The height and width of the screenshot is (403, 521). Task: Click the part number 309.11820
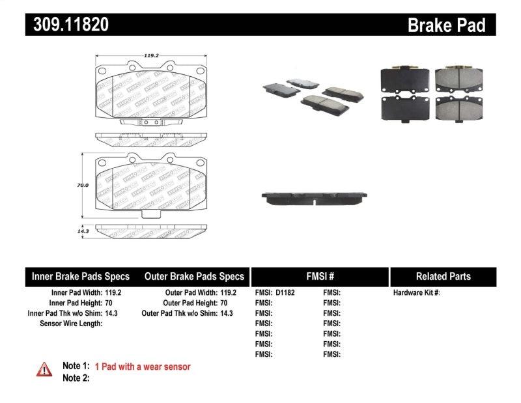[x=67, y=25]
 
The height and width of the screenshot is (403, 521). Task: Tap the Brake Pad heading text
[x=446, y=25]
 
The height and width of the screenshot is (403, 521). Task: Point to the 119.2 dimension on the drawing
[x=152, y=57]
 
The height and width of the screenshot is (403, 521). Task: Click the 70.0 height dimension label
[x=82, y=186]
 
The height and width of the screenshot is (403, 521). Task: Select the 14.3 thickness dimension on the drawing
[x=82, y=230]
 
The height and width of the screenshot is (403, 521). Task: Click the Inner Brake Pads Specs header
[x=81, y=276]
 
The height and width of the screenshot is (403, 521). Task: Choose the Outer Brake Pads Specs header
[x=194, y=276]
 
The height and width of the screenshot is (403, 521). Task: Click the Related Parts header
[x=443, y=276]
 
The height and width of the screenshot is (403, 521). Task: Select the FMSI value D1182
[x=285, y=293]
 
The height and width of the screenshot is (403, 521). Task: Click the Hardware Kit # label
[x=416, y=293]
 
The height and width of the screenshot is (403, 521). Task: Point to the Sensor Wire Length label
[x=71, y=324]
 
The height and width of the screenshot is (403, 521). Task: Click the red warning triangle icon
[x=43, y=368]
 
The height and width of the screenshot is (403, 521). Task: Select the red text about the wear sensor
[x=143, y=367]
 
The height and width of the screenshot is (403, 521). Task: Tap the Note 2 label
[x=76, y=378]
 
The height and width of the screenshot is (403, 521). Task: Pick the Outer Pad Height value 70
[x=223, y=303]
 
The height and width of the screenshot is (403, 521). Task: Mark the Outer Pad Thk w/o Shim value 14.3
[x=227, y=313]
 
